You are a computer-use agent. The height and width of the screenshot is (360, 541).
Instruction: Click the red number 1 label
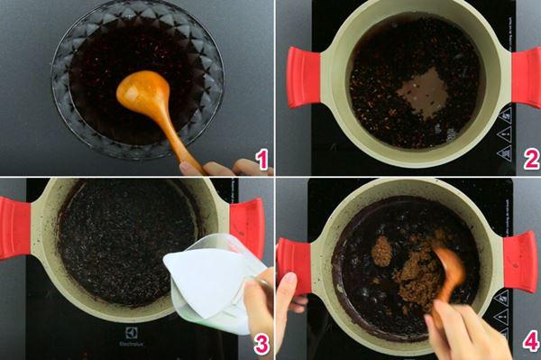[261, 161]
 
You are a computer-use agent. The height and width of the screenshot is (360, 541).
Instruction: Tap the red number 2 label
[530, 161]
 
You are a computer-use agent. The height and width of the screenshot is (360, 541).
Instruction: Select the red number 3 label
[261, 342]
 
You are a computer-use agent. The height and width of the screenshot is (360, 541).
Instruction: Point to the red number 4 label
[530, 342]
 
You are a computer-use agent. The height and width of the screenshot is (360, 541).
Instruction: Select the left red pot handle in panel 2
[303, 77]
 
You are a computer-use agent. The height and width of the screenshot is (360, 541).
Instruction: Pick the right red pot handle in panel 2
[527, 77]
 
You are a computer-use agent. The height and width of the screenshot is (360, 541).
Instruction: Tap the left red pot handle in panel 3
[14, 227]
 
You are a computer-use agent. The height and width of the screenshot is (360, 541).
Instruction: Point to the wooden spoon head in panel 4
[450, 265]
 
